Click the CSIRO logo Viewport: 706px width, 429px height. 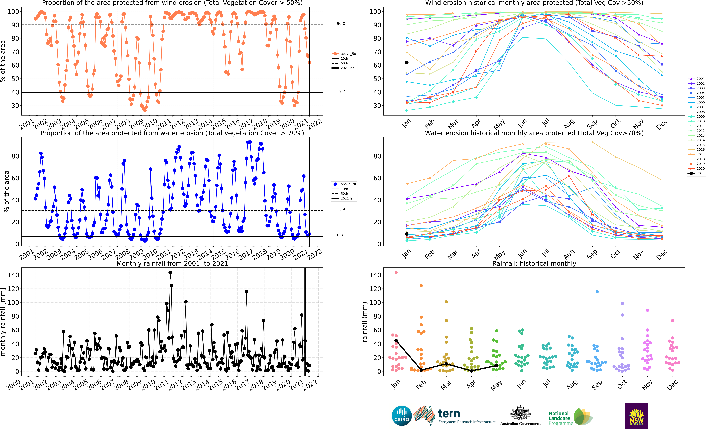point(402,416)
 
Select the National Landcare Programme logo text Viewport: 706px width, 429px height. point(561,418)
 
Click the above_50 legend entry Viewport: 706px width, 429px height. point(344,54)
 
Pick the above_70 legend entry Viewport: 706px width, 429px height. point(344,184)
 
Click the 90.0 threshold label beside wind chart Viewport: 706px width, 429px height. point(341,23)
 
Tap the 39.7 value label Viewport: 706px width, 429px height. point(341,91)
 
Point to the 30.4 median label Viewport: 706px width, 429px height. point(341,209)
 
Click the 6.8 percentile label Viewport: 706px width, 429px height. point(340,235)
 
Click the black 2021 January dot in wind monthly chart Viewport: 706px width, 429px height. point(407,62)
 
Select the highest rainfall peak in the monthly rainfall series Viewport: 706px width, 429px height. point(170,273)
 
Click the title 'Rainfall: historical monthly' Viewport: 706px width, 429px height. point(534,263)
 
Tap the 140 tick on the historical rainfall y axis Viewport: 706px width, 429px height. point(375,275)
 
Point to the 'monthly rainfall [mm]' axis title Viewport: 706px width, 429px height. point(3,322)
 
